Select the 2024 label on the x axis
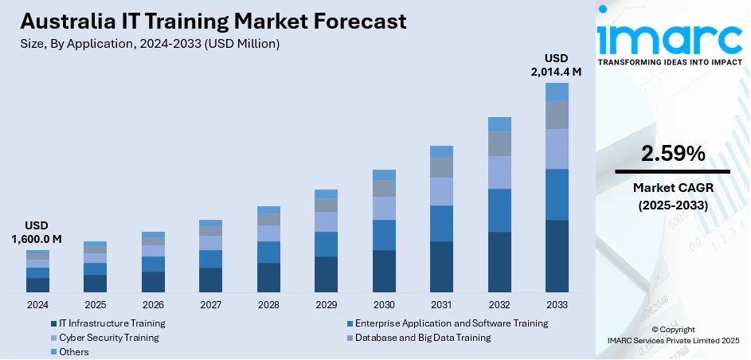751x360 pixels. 37,305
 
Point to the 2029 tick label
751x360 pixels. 326,305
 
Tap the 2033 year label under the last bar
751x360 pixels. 557,305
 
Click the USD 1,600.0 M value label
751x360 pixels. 37,233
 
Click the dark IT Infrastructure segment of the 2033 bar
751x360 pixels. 557,256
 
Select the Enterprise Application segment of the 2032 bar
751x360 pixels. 499,210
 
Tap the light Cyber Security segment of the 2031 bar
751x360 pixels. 441,191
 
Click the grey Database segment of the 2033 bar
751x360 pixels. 557,114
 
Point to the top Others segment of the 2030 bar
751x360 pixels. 384,174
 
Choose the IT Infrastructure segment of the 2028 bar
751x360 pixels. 268,278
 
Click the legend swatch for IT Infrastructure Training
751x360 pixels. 53,323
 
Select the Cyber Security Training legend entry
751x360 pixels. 108,338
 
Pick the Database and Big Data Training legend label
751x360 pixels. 423,338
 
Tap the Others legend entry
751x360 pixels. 73,351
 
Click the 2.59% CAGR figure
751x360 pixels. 673,154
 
